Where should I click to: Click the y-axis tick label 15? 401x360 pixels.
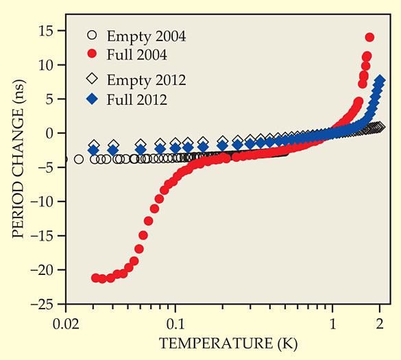(x=47, y=31)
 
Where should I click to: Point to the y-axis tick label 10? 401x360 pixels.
(x=47, y=65)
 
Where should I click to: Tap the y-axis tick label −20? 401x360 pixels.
(x=43, y=270)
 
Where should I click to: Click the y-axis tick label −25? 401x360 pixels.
(x=43, y=304)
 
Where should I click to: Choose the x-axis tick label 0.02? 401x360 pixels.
(x=66, y=324)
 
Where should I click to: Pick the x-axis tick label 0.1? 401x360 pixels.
(x=175, y=324)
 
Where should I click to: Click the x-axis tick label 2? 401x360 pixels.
(x=380, y=324)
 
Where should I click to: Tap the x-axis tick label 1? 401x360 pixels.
(x=332, y=324)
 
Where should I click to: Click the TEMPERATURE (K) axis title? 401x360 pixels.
(x=228, y=344)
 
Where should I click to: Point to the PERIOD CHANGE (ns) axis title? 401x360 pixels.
(x=19, y=159)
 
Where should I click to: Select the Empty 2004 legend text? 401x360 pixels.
(x=146, y=36)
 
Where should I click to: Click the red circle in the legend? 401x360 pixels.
(x=92, y=53)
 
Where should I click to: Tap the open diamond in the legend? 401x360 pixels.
(x=92, y=78)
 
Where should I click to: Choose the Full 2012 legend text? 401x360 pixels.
(x=137, y=99)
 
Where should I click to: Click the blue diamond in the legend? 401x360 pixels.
(x=92, y=99)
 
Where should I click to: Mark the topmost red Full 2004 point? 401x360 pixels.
(x=369, y=37)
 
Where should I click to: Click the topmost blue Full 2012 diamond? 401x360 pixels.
(x=380, y=80)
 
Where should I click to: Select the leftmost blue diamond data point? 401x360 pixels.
(x=94, y=150)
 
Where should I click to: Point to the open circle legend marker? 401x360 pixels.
(x=92, y=35)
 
